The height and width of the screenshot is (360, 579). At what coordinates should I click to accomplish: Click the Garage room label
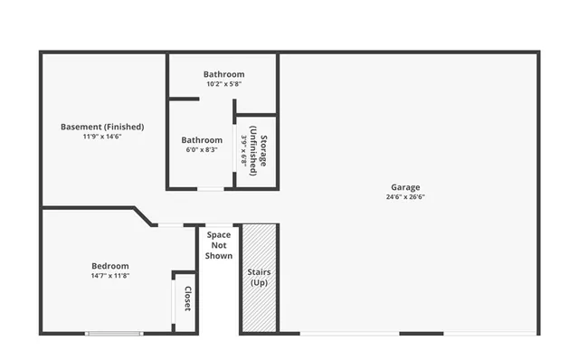(404, 187)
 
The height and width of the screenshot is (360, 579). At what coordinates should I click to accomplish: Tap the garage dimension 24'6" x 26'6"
(404, 197)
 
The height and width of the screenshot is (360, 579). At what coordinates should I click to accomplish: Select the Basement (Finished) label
(102, 127)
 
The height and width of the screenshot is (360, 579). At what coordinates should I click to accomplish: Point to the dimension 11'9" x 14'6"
(102, 137)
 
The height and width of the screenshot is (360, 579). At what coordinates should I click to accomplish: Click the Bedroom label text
(110, 265)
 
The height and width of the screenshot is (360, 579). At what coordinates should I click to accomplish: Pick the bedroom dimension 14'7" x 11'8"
(110, 275)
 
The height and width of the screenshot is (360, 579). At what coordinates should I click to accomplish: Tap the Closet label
(187, 299)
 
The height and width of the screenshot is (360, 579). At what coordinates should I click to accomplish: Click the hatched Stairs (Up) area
(259, 278)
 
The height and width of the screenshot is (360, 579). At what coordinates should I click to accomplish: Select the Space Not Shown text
(219, 244)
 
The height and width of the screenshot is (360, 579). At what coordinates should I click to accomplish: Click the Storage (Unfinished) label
(259, 150)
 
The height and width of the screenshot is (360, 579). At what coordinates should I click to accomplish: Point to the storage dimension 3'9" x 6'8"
(244, 150)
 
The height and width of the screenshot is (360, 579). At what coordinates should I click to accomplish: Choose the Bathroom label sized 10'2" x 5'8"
(223, 74)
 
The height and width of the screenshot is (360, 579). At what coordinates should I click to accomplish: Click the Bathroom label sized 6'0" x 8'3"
(202, 140)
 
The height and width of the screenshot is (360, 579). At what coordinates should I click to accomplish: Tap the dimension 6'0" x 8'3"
(202, 150)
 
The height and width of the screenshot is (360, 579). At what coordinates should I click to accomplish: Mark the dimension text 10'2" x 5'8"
(223, 84)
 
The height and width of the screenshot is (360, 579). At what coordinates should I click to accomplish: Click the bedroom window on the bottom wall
(114, 334)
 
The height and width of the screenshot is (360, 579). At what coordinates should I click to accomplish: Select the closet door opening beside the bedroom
(175, 303)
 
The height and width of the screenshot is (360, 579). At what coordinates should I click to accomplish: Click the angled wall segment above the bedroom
(143, 217)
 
